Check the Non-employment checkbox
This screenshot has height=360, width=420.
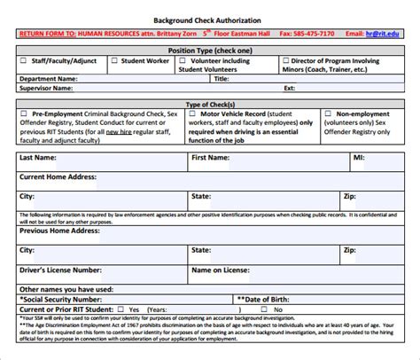329,113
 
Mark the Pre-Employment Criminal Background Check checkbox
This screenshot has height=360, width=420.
23,113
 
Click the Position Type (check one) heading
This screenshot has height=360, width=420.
210,50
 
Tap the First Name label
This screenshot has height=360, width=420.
214,157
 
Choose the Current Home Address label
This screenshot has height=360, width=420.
60,176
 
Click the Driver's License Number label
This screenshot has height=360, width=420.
60,269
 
